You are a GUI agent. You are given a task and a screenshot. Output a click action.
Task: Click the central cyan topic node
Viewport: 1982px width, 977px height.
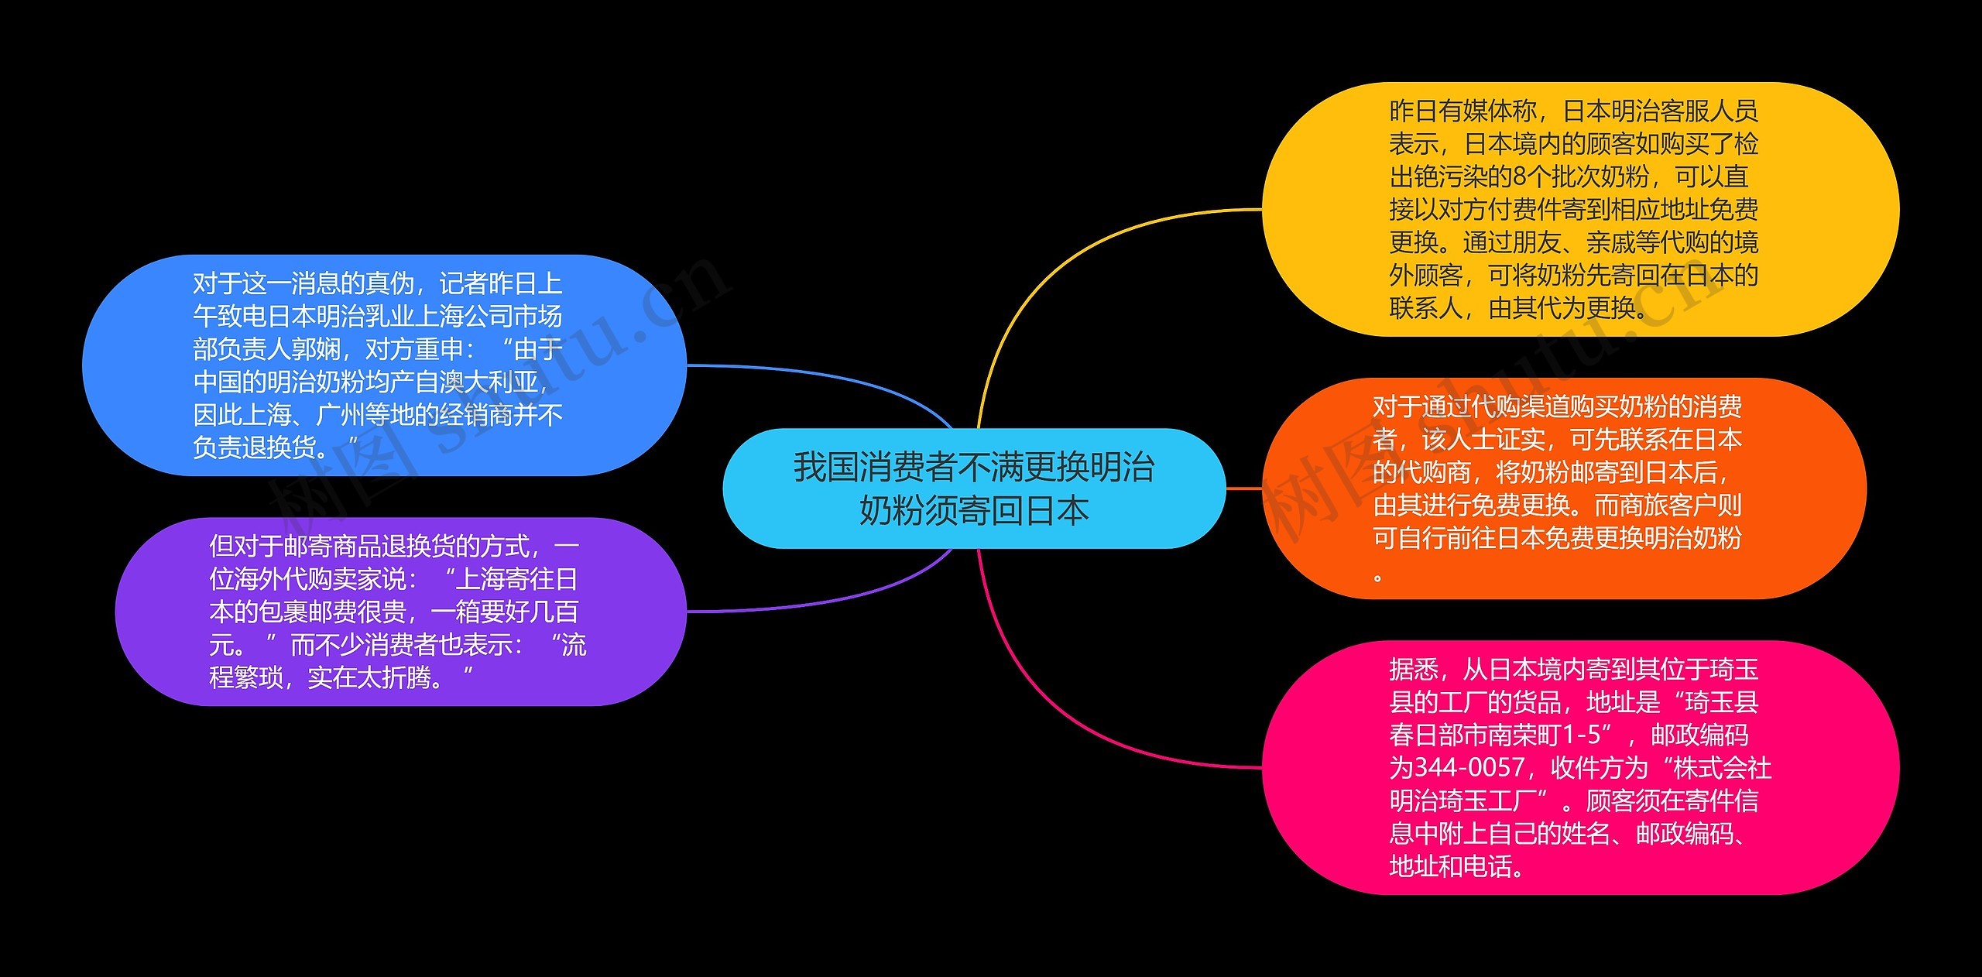(x=973, y=488)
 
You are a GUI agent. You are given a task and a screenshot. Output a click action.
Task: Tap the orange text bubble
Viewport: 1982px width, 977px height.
(x=1564, y=488)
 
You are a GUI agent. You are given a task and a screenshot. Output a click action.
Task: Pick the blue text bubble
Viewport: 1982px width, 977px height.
(x=384, y=365)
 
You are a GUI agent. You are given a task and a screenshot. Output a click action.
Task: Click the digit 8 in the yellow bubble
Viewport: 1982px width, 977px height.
(x=1520, y=177)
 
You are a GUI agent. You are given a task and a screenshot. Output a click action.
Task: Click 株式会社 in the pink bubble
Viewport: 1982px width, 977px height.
(x=1722, y=767)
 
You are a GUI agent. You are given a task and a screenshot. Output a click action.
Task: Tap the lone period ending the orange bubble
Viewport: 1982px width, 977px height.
(x=1378, y=577)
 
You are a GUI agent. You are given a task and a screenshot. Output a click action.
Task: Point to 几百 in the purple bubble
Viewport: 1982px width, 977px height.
(x=554, y=612)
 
